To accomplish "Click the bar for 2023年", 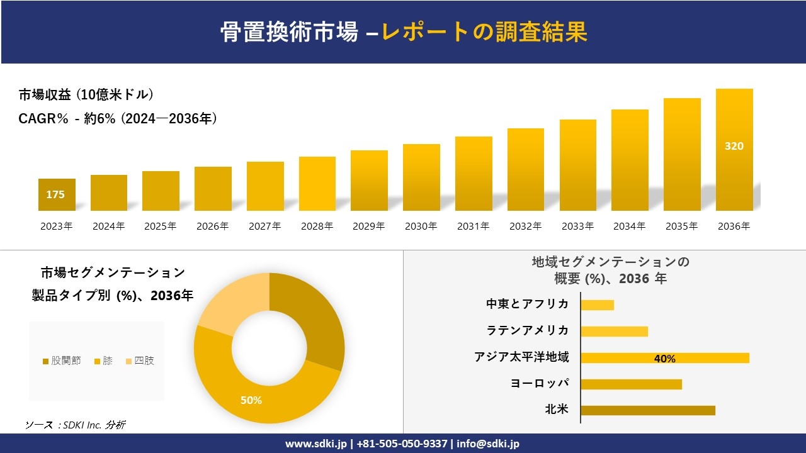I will tap(57, 194).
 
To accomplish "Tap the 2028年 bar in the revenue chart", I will tap(317, 184).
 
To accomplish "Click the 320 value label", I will tap(734, 146).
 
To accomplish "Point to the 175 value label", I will tap(55, 194).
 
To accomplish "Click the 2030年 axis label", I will tap(421, 226).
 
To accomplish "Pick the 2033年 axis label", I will tap(577, 226).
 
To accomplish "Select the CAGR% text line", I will tap(118, 118).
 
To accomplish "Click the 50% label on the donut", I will tap(251, 400).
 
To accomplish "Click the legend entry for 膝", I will tap(103, 361).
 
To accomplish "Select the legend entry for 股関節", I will tap(62, 361).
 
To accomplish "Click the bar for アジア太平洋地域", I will tap(664, 358).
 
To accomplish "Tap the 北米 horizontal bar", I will tap(647, 410).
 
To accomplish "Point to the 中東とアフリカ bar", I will tap(597, 305).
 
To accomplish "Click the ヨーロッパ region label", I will tap(540, 383).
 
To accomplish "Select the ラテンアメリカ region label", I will tap(527, 330).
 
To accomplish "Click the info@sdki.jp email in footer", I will tap(488, 444).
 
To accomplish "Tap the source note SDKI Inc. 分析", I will tap(76, 425).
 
